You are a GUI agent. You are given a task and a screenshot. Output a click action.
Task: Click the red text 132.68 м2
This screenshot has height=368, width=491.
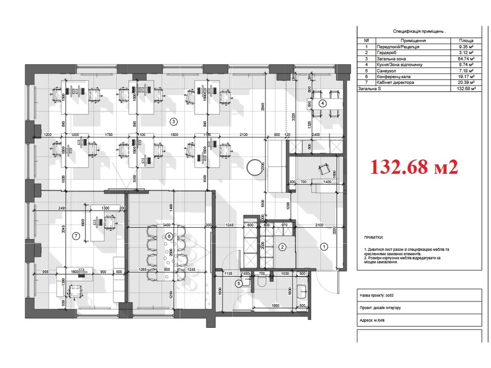(413, 167)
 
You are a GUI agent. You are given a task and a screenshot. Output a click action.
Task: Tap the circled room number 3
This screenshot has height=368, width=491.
(173, 121)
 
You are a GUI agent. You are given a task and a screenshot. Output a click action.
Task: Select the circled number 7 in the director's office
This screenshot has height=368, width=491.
(76, 236)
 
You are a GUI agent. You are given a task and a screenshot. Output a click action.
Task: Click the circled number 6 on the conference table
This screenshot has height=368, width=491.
(169, 237)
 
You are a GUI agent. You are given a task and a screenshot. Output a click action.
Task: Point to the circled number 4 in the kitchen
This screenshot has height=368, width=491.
(322, 103)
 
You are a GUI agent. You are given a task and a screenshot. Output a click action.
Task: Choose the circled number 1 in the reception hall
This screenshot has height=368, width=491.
(324, 247)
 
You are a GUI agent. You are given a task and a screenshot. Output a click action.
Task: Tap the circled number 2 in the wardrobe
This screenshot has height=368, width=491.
(282, 247)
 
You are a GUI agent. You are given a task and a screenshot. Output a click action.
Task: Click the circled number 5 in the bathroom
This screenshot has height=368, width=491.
(239, 283)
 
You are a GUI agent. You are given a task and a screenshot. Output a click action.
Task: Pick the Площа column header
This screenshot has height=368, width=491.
(465, 41)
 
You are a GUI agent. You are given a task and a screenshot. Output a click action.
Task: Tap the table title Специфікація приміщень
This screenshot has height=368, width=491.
(419, 31)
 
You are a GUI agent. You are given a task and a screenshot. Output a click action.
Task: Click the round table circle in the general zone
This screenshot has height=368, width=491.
(255, 167)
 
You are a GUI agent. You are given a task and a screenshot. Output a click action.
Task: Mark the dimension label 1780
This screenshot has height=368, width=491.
(109, 134)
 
